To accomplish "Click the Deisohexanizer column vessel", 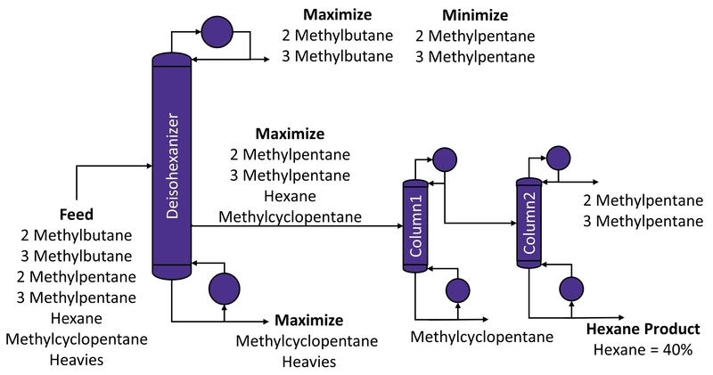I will (173, 165).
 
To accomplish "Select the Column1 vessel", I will (414, 224).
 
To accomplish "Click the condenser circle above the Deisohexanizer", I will (216, 32).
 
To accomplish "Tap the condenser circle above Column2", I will (558, 158).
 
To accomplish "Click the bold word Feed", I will (76, 215).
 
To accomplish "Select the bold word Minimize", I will (475, 16).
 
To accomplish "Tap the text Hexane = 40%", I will (643, 350).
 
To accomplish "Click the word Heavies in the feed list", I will (76, 359).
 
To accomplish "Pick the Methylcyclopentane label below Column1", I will (481, 337).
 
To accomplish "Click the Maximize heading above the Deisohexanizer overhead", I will (337, 16).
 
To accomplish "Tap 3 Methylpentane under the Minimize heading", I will (475, 57).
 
